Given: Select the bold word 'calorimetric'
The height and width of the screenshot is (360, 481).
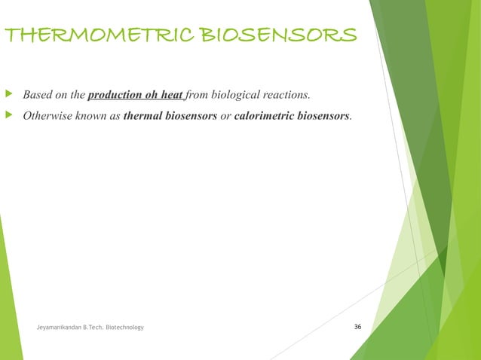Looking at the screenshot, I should click(266, 117).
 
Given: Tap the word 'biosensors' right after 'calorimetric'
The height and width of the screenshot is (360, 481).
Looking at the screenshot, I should click(326, 117).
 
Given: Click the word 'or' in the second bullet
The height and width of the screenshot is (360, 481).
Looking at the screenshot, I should click(225, 117).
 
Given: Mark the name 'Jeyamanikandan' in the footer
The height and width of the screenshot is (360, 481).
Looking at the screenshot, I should click(63, 328).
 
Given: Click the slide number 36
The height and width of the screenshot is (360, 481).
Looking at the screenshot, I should click(357, 327).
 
